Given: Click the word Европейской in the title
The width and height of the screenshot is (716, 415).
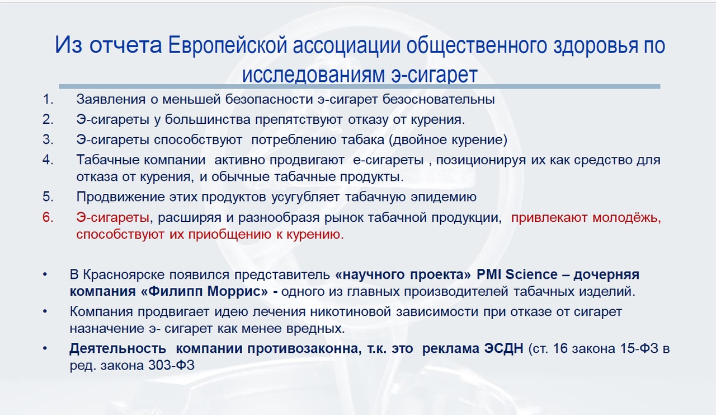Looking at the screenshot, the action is [227, 45].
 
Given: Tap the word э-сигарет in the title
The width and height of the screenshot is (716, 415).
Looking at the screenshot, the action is [435, 74].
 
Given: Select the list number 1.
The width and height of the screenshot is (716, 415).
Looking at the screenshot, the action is [48, 100].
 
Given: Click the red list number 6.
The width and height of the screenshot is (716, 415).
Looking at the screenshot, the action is [48, 217].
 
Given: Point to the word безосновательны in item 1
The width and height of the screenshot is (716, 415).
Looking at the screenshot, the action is [439, 100].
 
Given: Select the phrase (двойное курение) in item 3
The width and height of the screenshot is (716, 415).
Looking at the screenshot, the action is [448, 140].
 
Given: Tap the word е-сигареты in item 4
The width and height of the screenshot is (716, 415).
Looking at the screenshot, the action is [388, 160].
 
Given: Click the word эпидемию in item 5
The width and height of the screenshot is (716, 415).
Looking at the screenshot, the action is [444, 197].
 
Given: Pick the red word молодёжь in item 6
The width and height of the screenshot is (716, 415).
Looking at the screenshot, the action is [626, 218].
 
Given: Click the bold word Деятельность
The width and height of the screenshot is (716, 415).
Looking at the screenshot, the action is [117, 348].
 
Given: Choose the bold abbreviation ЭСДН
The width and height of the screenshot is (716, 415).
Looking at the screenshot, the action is [504, 348].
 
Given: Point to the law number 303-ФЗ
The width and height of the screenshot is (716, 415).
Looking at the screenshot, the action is [171, 365].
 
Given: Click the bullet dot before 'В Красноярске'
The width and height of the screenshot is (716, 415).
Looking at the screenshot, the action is [45, 275].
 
